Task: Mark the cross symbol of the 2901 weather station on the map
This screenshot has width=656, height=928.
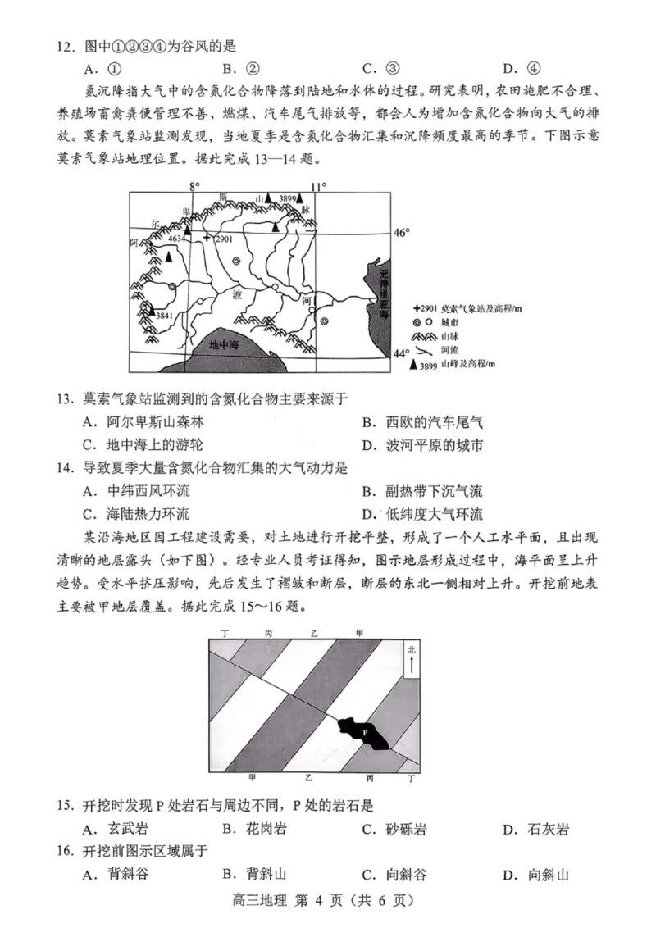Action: (207, 237)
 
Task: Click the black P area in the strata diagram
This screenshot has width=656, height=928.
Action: (364, 731)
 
